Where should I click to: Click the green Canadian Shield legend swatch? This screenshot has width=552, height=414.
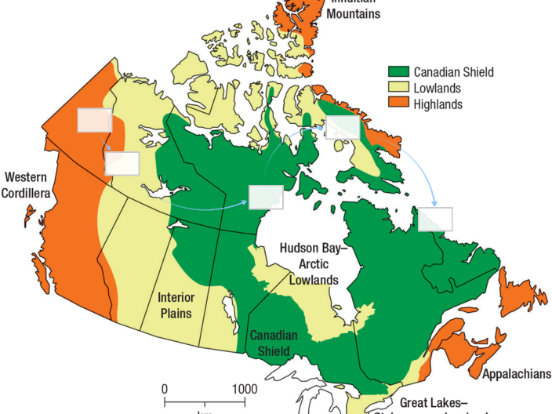[400, 71]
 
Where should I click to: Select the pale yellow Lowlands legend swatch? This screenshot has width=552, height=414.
[400, 88]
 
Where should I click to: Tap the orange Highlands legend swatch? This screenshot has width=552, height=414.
[400, 103]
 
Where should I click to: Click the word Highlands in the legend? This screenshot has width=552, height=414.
[439, 104]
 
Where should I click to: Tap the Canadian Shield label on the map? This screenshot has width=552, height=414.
[274, 342]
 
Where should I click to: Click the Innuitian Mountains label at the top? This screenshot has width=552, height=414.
[354, 9]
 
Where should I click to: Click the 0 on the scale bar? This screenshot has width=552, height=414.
[165, 389]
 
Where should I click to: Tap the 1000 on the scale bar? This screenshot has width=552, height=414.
[244, 389]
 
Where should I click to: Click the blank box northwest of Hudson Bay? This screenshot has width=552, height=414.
[265, 198]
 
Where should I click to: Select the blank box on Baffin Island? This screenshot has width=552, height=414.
[343, 127]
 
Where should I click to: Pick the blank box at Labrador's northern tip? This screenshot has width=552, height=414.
[435, 219]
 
